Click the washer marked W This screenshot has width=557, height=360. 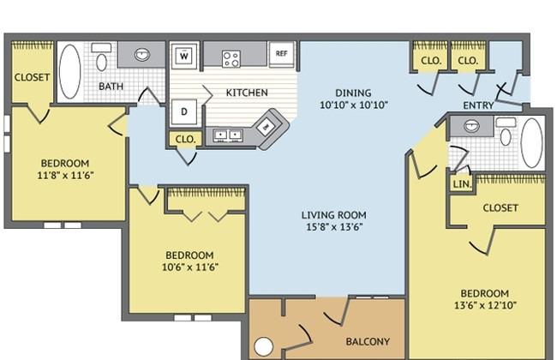point(184,56)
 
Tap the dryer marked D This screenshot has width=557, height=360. point(184,111)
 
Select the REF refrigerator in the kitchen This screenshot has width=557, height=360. point(281,54)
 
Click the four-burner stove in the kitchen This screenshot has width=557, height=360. point(231,58)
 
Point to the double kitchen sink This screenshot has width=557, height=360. point(228,135)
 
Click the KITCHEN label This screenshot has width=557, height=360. point(247,93)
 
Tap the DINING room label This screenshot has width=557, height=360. point(353,93)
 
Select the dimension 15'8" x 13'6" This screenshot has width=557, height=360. point(334,227)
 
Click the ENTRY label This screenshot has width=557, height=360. point(478,105)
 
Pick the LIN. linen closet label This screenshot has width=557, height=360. point(462,184)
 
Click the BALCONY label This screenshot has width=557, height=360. point(368,341)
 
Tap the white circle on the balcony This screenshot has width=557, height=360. point(264,346)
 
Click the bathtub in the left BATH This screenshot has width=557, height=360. point(70,71)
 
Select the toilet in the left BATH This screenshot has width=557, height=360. point(102,57)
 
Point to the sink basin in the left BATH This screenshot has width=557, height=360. point(142,55)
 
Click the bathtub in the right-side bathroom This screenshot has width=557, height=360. point(531,143)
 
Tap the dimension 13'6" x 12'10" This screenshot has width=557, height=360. point(485,305)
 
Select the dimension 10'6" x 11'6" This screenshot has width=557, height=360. point(190,267)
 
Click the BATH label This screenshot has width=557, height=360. point(111,87)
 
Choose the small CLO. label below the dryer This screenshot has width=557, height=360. point(185,139)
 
